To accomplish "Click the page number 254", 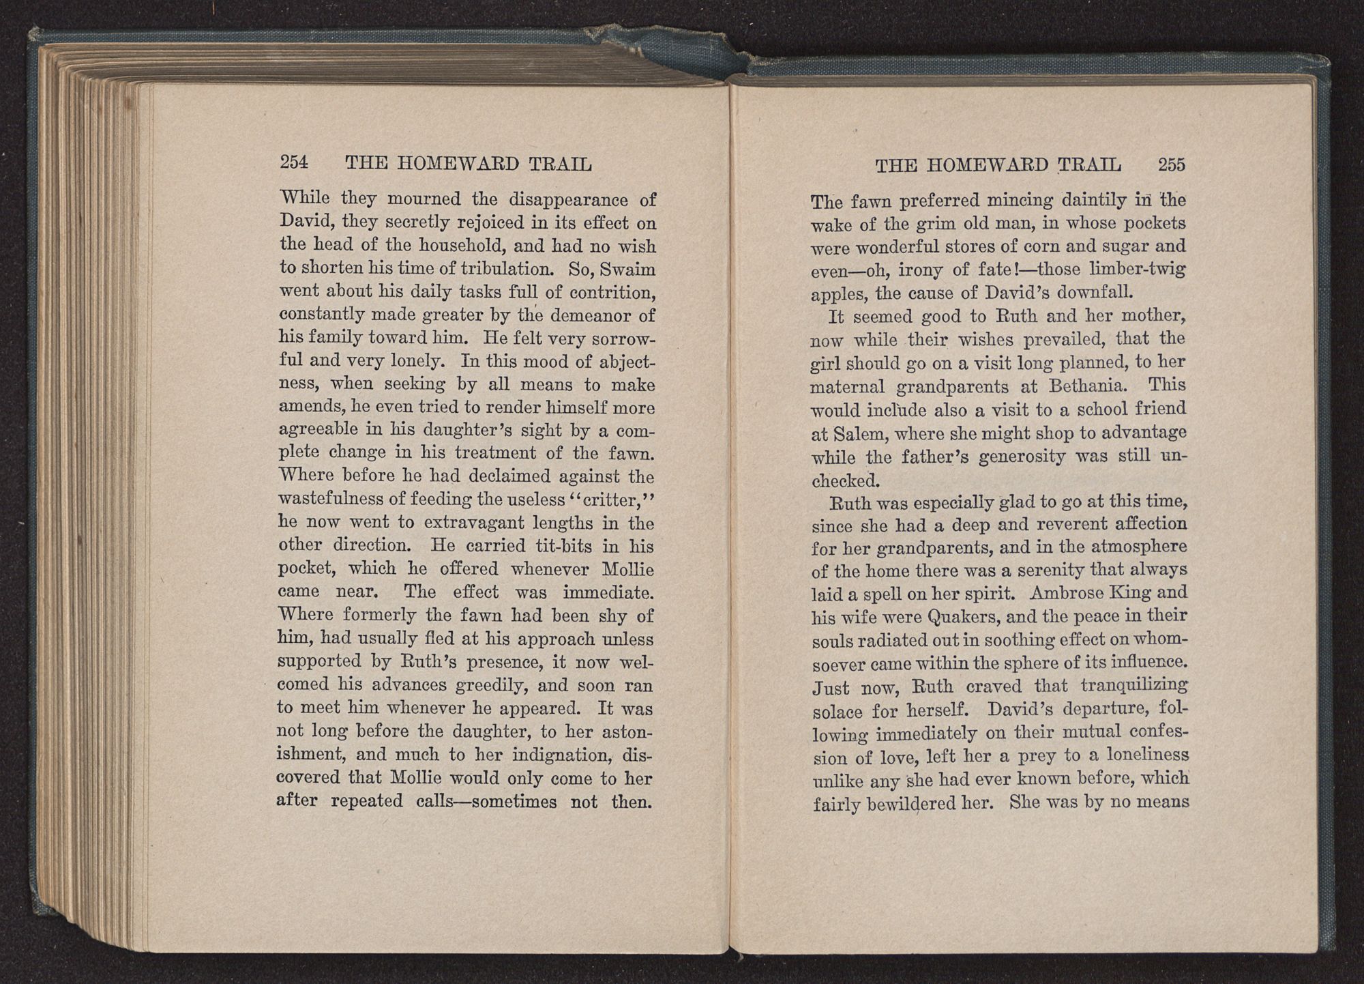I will (295, 163).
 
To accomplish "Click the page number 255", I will (1172, 165).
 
